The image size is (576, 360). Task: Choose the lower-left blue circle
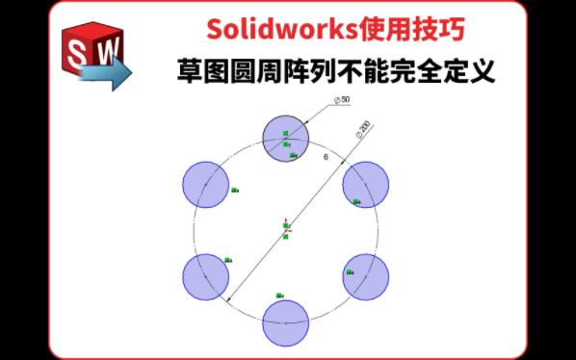pyautogui.click(x=205, y=276)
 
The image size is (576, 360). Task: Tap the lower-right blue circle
pyautogui.click(x=366, y=276)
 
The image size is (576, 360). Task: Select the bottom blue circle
pyautogui.click(x=286, y=322)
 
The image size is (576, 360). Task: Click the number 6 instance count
pyautogui.click(x=326, y=156)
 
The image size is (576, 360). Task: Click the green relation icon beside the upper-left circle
pyautogui.click(x=233, y=191)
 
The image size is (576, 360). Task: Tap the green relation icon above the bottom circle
pyautogui.click(x=279, y=295)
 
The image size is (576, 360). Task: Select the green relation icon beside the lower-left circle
pyautogui.click(x=228, y=260)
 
